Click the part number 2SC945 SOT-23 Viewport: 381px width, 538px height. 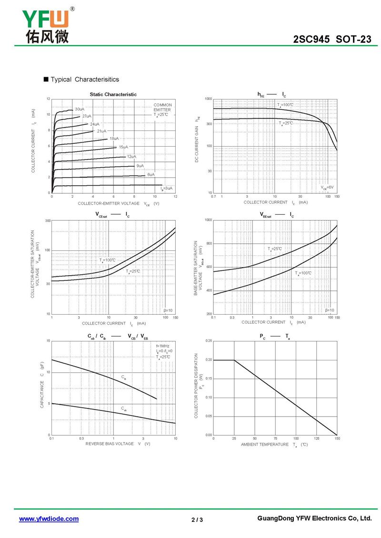[x=332, y=40]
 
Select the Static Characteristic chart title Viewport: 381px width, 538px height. [x=113, y=94]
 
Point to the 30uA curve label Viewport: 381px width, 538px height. [x=80, y=110]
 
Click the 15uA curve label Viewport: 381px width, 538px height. [x=123, y=147]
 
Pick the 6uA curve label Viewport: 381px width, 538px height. [x=150, y=175]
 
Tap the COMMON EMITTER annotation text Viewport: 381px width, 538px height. [x=162, y=108]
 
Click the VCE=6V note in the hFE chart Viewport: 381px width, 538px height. [x=327, y=187]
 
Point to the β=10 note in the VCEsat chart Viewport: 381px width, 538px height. [x=169, y=310]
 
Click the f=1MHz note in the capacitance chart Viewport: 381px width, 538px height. [x=163, y=346]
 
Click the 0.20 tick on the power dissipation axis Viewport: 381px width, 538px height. [x=209, y=360]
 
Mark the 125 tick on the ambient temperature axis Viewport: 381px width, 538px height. [x=316, y=438]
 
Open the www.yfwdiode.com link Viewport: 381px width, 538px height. [x=49, y=519]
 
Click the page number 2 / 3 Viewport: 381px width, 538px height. [x=197, y=519]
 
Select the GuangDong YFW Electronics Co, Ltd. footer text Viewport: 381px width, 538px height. [x=314, y=518]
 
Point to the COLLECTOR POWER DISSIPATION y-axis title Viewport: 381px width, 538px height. [x=197, y=386]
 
